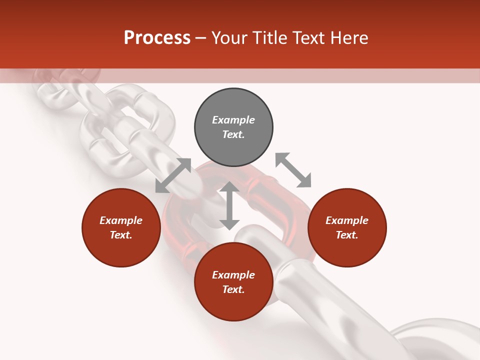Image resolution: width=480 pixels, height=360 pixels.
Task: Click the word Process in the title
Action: [157, 38]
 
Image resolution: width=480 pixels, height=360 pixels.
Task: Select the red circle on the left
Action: [121, 227]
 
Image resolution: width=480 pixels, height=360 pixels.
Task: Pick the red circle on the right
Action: [347, 227]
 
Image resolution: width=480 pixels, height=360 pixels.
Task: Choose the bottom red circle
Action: [233, 282]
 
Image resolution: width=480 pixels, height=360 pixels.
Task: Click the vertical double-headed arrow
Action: [229, 205]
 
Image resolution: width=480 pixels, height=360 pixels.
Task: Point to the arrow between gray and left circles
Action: [173, 175]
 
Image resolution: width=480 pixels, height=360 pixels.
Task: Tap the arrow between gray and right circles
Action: [293, 170]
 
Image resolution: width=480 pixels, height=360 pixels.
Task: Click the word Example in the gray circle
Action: [233, 120]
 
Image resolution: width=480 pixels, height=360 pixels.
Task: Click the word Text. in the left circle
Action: [121, 235]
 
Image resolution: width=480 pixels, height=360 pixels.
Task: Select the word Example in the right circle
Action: [347, 220]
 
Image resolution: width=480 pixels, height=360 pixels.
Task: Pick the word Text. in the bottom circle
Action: [233, 289]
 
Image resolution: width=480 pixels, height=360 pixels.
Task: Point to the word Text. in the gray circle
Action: [233, 134]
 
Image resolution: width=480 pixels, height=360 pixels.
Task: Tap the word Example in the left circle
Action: [121, 220]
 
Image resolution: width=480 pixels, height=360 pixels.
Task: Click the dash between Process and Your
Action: [200, 38]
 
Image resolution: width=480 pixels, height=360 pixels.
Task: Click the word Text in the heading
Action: [307, 38]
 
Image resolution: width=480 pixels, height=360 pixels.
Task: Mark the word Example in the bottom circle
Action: [233, 275]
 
